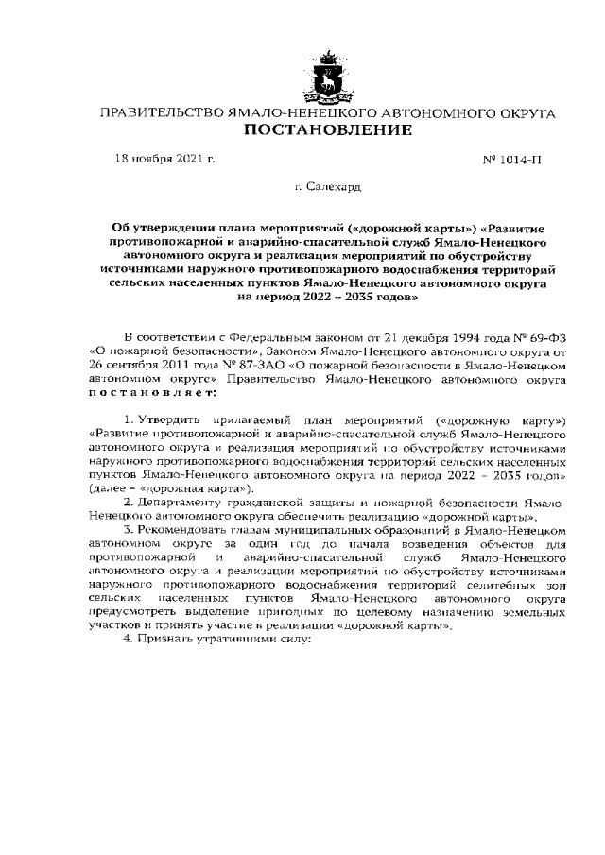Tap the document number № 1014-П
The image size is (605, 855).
[512, 160]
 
